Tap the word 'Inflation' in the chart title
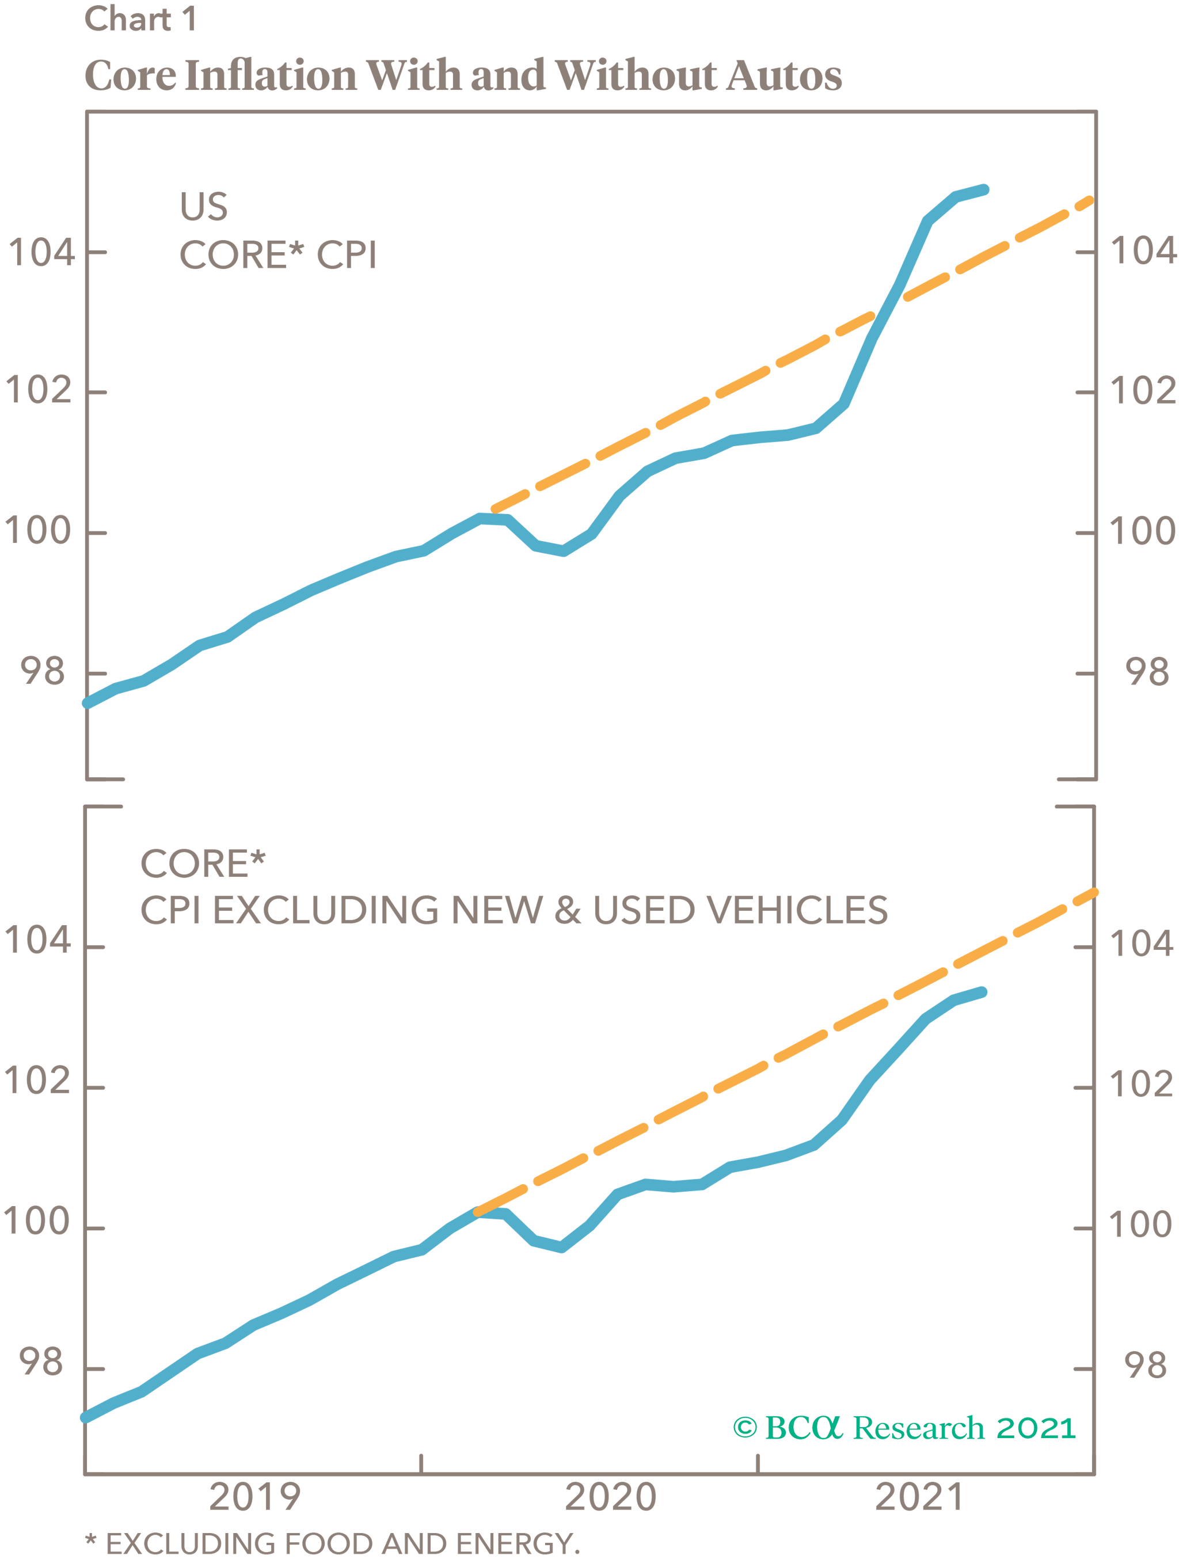click(270, 76)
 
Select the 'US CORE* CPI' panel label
click(277, 231)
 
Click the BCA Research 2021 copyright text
click(903, 1428)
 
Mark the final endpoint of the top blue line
click(984, 190)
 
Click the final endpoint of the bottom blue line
click(982, 992)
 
